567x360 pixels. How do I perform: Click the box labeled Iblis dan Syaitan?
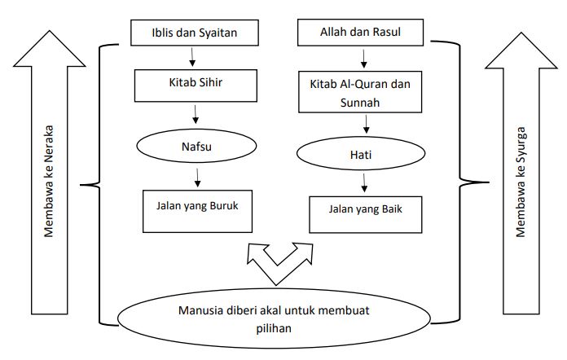click(x=195, y=33)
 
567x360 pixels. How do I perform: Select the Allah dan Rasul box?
click(x=360, y=32)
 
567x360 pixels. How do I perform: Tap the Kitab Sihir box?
click(x=196, y=86)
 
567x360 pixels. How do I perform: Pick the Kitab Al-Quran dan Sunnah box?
click(x=360, y=92)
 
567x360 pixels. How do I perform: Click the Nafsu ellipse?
click(x=196, y=146)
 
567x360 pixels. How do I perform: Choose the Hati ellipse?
click(x=361, y=154)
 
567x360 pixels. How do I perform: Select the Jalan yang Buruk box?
click(x=197, y=211)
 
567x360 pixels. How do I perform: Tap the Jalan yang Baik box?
click(x=365, y=215)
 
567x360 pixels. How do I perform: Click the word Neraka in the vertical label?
click(x=48, y=145)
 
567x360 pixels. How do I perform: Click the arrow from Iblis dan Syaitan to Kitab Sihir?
click(x=192, y=57)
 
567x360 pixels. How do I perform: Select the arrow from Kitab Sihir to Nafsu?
click(x=196, y=114)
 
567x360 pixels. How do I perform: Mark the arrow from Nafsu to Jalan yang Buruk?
click(x=197, y=178)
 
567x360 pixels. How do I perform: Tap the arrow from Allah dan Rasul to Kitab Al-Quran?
click(x=364, y=59)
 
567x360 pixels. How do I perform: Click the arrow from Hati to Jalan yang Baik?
click(x=364, y=183)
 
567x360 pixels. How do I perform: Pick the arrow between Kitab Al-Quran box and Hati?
click(x=367, y=124)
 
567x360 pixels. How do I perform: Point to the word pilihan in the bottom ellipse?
click(x=274, y=328)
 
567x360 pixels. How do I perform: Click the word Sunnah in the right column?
click(x=360, y=103)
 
